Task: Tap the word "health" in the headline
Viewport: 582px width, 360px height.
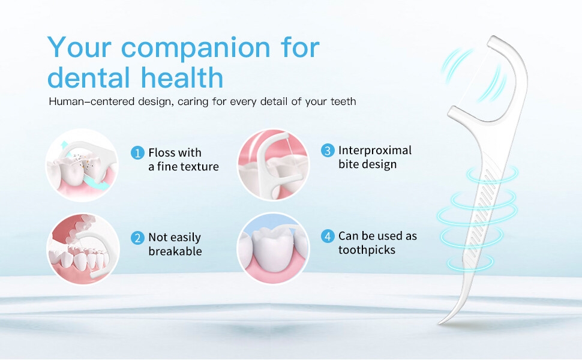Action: (182, 77)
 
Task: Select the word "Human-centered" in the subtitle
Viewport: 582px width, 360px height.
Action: (91, 101)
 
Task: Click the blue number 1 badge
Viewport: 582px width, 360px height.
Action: (137, 152)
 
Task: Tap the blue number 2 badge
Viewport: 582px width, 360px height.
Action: (137, 238)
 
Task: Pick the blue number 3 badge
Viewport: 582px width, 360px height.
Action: (328, 151)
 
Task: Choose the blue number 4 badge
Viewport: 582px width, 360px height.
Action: (328, 236)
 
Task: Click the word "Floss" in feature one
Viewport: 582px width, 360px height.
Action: (162, 152)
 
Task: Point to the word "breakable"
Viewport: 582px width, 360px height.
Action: (175, 251)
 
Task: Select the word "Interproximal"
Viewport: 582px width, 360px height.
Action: (375, 151)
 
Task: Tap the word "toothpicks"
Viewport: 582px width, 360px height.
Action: (367, 250)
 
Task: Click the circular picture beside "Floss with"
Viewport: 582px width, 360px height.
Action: (82, 165)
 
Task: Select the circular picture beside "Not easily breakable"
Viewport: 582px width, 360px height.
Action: (83, 248)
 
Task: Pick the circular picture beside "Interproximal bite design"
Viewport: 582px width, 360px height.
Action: (273, 165)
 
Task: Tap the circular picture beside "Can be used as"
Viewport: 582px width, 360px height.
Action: (273, 248)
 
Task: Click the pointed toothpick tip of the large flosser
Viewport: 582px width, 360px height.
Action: (440, 323)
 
